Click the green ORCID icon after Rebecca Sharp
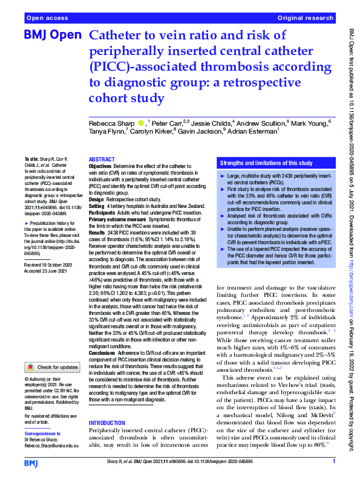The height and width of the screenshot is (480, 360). tap(141, 123)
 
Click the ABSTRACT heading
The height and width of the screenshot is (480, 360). tap(102, 158)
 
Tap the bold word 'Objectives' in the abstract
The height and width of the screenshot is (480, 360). tap(100, 165)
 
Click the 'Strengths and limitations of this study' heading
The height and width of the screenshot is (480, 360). tap(266, 163)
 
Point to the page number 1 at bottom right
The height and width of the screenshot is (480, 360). tap(334, 461)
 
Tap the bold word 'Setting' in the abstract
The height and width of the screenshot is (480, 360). tap(97, 206)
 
